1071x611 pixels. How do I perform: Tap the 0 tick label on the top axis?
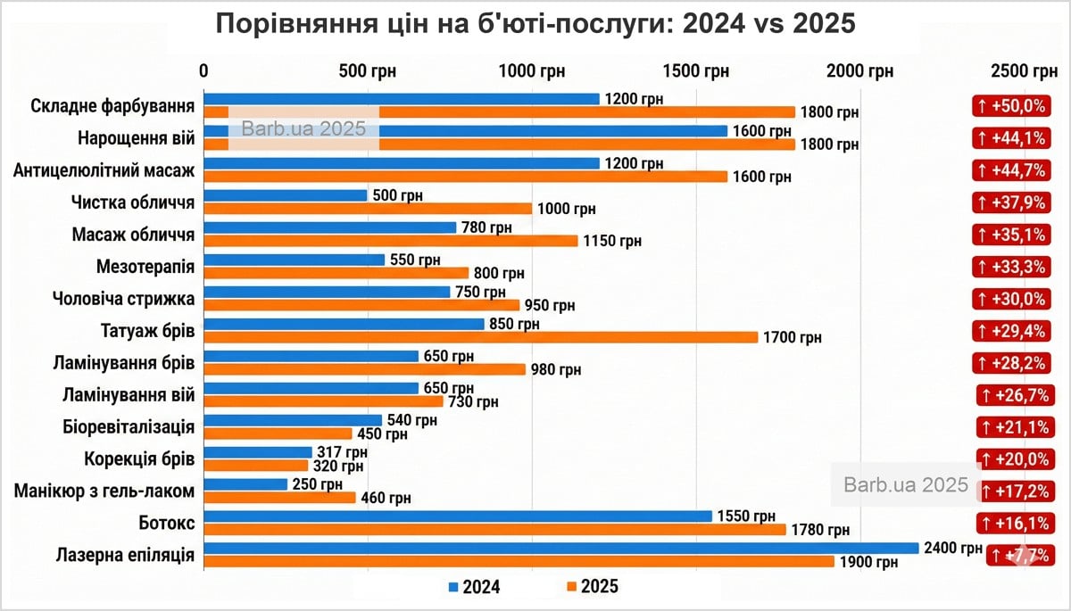coord(204,71)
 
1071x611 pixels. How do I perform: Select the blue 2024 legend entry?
coord(474,586)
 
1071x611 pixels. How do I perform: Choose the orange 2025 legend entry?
coord(592,586)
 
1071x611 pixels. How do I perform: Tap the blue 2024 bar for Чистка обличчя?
coord(286,195)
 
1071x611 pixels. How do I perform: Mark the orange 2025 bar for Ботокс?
coord(494,530)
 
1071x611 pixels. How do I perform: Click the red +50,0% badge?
coord(1010,106)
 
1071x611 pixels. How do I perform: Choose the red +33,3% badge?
coord(1010,266)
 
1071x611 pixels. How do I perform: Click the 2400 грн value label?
coord(953,549)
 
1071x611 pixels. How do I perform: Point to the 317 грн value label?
coord(342,452)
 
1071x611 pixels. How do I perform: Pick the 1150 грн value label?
coord(612,241)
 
